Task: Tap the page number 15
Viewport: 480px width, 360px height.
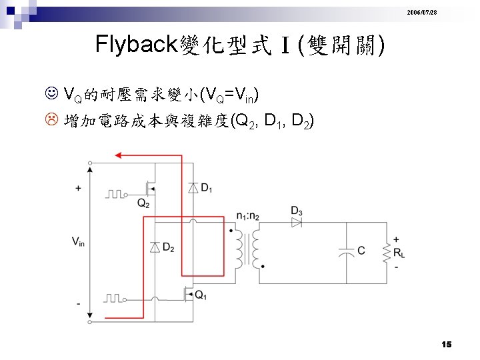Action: tap(446, 344)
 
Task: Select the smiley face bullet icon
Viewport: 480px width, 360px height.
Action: tap(53, 91)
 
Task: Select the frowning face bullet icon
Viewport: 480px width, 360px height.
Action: tap(53, 121)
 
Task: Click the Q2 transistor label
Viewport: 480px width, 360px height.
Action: tap(143, 203)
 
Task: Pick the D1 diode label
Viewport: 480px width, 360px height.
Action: tap(207, 189)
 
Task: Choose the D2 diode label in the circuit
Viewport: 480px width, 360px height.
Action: tap(168, 248)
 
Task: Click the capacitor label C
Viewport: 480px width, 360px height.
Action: tap(361, 251)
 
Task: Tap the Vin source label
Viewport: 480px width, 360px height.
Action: tap(78, 242)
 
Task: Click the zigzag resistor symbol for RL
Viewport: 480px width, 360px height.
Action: tap(386, 252)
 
